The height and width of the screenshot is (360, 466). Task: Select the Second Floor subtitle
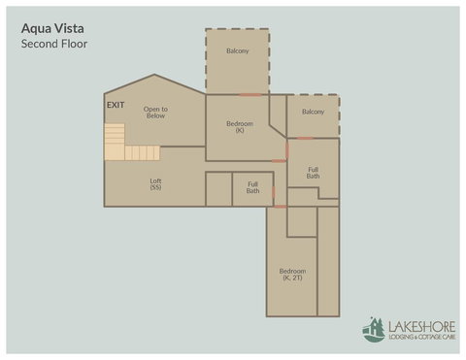pyautogui.click(x=54, y=44)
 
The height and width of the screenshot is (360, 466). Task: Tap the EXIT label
pyautogui.click(x=116, y=104)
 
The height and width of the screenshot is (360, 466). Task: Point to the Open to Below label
pyautogui.click(x=156, y=113)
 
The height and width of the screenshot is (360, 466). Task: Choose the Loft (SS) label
pyautogui.click(x=155, y=183)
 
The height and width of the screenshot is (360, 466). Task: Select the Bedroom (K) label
pyautogui.click(x=239, y=126)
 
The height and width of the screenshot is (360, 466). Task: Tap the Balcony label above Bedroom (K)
pyautogui.click(x=238, y=50)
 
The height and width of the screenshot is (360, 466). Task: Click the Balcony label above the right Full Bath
pyautogui.click(x=313, y=112)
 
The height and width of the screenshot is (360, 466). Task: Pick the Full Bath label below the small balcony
pyautogui.click(x=313, y=173)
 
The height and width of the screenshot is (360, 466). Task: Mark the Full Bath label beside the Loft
pyautogui.click(x=252, y=187)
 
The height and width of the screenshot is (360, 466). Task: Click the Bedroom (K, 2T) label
pyautogui.click(x=292, y=274)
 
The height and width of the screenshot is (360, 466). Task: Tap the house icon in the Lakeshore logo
pyautogui.click(x=373, y=330)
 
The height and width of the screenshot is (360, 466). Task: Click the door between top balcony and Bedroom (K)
pyautogui.click(x=250, y=94)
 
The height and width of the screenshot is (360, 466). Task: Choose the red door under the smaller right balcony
pyautogui.click(x=305, y=138)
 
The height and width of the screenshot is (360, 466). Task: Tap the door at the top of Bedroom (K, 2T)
pyautogui.click(x=280, y=206)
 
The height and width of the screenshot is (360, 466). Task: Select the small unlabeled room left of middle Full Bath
pyautogui.click(x=218, y=188)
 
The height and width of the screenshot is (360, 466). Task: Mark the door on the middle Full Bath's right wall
pyautogui.click(x=275, y=190)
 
